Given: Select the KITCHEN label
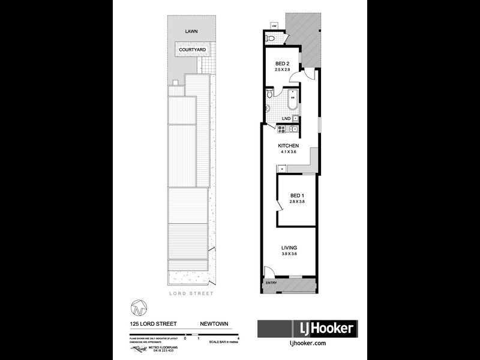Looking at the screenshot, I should [x=288, y=146].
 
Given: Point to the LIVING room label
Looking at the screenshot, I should [x=289, y=247].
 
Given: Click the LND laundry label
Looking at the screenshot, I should [x=286, y=118].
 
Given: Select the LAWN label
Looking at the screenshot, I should [x=191, y=31].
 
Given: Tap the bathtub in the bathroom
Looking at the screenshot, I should [x=293, y=101].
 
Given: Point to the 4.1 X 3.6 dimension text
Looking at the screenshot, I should [x=288, y=152].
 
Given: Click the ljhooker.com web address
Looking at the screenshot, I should [x=307, y=343].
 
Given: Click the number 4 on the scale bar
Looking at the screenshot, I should [x=239, y=339].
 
